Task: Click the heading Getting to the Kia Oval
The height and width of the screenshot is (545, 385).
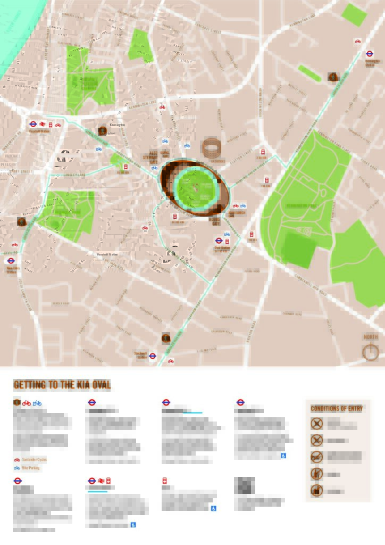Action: coord(62,385)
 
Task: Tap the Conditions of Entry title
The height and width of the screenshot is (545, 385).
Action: coord(337,408)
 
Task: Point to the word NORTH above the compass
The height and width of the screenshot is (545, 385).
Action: coord(371,337)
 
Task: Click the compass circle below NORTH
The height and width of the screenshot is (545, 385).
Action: coord(371,352)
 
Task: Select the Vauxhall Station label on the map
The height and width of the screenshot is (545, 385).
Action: coord(39,130)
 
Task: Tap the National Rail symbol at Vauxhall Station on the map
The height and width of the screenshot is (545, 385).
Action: coord(41,124)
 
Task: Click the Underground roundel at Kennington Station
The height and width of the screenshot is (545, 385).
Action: coord(370,54)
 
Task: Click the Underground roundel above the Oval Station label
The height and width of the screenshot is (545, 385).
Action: coord(217,241)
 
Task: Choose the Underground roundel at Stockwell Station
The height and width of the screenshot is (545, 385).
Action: coord(153,356)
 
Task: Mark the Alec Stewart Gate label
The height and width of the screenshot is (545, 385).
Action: coord(150,158)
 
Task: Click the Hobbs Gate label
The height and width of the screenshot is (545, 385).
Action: coord(215,221)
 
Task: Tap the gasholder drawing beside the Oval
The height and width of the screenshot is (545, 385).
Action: coord(212,147)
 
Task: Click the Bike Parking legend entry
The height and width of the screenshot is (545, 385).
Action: coord(30,468)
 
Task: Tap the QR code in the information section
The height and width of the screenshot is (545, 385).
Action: coord(244,485)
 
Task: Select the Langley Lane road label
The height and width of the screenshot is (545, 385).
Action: coord(74,175)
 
